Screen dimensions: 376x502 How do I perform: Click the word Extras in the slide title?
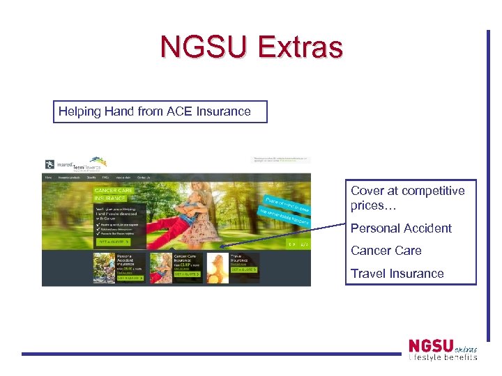point(301,47)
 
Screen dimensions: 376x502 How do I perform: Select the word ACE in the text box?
point(183,111)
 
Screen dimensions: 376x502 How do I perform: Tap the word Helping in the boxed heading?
point(80,111)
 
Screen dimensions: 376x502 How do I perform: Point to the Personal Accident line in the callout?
point(401,228)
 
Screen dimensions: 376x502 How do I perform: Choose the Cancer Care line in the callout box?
point(386,251)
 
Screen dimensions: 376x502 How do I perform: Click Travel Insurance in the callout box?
point(397,274)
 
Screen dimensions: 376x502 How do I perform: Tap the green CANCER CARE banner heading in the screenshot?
point(113,190)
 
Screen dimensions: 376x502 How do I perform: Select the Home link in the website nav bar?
point(48,178)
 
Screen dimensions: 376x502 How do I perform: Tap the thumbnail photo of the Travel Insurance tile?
point(217,267)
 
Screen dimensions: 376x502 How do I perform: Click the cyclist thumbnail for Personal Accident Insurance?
point(104,267)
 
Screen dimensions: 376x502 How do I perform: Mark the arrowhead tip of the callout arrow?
point(220,247)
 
